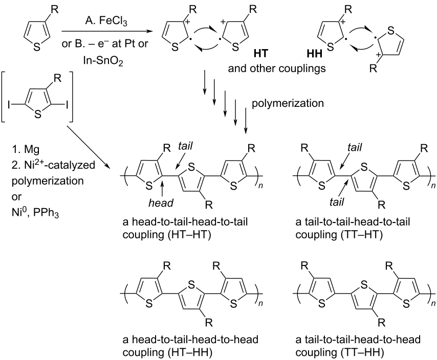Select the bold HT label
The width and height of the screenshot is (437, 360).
[261, 54]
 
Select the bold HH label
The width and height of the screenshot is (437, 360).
[314, 54]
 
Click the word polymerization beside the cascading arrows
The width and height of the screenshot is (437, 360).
[288, 103]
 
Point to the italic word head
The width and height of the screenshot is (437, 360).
[161, 202]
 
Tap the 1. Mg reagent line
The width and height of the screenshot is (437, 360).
[26, 149]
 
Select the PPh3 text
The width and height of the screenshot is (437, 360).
[46, 214]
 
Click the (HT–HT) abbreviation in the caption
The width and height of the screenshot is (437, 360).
[189, 235]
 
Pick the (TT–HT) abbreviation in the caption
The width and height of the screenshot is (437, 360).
[362, 235]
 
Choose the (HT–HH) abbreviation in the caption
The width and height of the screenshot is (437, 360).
[190, 352]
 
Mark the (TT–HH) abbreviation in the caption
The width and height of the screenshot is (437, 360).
[362, 352]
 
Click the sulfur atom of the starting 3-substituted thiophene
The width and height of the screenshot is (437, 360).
[36, 47]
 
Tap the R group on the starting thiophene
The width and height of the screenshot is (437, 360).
[55, 10]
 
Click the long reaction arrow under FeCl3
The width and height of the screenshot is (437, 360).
[107, 32]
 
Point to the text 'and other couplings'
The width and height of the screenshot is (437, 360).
[277, 68]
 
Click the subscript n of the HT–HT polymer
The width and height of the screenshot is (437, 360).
[260, 186]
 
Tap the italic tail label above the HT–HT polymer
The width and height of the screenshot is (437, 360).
[185, 146]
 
